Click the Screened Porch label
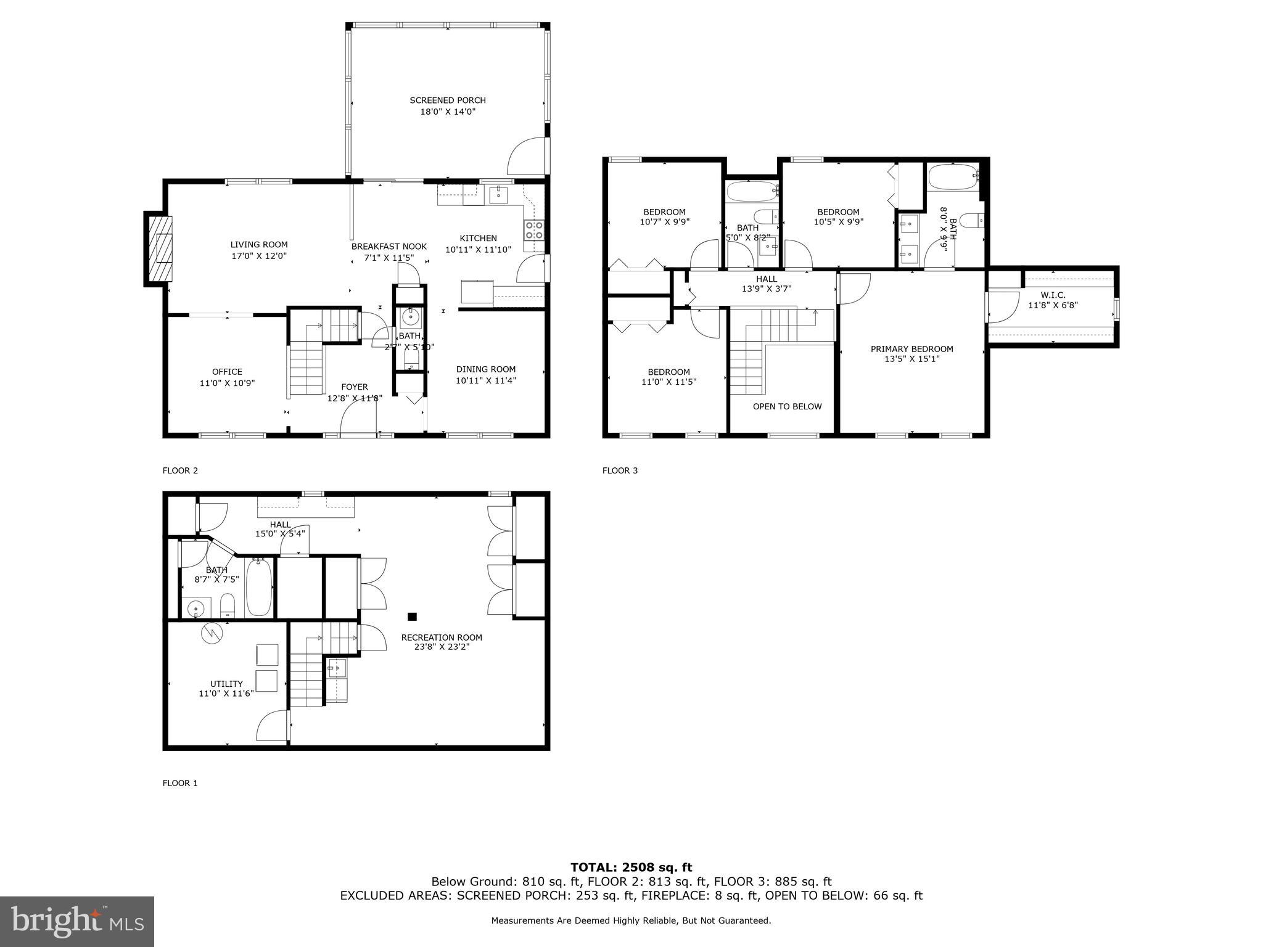click(448, 100)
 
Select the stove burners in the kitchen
click(533, 230)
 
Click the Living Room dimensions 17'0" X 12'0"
click(259, 256)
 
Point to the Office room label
click(227, 372)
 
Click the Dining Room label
click(485, 369)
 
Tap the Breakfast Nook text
click(389, 247)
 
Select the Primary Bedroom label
click(911, 349)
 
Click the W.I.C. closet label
click(1053, 295)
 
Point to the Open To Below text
click(787, 406)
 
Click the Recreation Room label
click(441, 637)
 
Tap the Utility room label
click(226, 684)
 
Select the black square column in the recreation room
click(412, 617)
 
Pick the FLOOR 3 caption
click(620, 470)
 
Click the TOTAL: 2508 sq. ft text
click(631, 868)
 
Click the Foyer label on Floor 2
click(354, 387)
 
